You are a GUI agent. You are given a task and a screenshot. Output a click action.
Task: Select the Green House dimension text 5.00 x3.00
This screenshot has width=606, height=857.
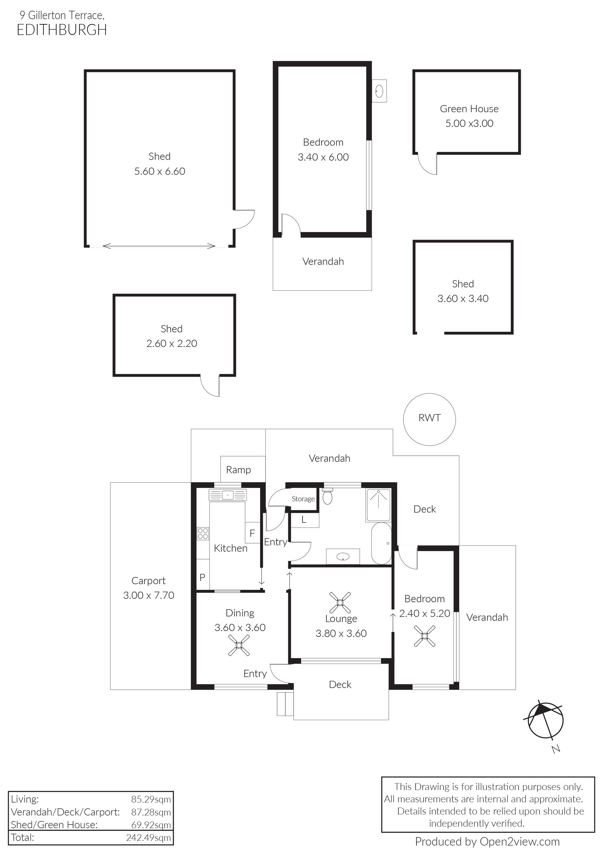point(469,123)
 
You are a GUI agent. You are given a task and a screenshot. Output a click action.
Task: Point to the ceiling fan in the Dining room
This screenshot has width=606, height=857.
point(239,646)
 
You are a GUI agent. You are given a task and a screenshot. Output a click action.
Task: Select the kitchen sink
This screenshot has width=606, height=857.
point(228,495)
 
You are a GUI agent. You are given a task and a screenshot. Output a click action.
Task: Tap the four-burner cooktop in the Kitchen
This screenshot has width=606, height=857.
point(203,533)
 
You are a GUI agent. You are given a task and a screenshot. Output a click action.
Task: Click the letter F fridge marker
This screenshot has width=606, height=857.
point(252,533)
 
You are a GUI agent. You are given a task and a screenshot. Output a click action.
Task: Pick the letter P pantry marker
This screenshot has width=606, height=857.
point(202,577)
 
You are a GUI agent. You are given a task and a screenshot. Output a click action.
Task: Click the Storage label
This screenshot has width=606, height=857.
point(303,499)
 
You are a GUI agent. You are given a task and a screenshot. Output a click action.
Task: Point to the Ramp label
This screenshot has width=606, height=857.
point(238,470)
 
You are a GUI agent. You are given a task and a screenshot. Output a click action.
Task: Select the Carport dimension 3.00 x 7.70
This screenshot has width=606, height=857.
point(149,595)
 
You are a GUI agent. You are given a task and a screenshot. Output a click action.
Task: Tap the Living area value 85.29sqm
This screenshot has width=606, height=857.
point(151,799)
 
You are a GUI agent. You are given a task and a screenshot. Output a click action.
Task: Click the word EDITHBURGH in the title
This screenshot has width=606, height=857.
point(62,30)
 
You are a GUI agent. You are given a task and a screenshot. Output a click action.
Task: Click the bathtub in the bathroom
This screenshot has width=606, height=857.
point(381,543)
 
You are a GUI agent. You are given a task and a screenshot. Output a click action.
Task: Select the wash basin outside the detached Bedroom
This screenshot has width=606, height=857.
point(379,90)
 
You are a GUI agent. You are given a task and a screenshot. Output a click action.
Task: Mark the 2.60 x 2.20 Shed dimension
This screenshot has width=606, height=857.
point(172,343)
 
